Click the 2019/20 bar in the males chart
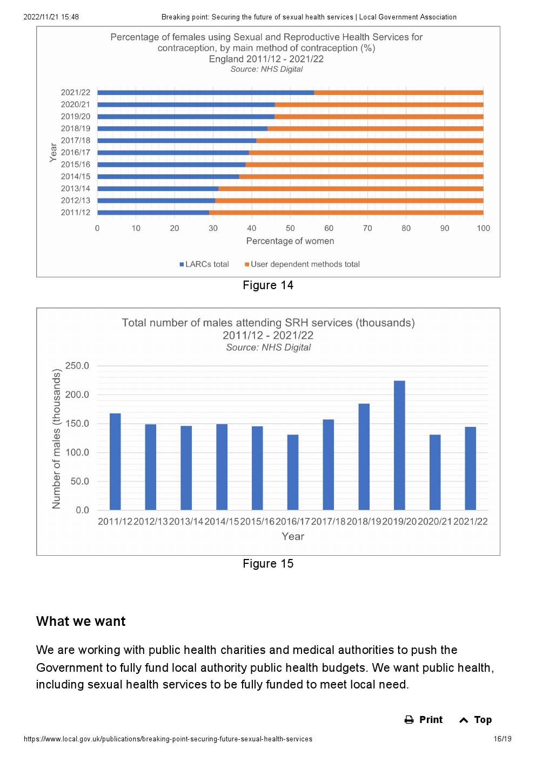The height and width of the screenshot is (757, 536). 399,445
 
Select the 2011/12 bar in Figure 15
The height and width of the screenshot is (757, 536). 115,461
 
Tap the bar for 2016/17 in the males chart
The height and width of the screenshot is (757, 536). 293,472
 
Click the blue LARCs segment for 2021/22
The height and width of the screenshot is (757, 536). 206,93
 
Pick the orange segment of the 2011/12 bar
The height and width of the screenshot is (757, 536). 346,213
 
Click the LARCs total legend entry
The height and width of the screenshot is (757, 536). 204,264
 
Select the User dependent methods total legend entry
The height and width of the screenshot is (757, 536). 302,264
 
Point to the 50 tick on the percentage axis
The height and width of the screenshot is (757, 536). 290,228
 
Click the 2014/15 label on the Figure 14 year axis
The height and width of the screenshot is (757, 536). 76,176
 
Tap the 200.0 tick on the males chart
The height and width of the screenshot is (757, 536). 77,394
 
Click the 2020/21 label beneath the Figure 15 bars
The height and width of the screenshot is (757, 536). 435,521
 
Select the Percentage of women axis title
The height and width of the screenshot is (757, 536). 290,241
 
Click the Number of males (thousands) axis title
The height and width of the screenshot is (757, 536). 56,439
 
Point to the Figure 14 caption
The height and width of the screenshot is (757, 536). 268,285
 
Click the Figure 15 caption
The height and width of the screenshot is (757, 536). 268,564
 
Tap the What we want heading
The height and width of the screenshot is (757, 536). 81,621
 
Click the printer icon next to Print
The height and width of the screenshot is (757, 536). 409,720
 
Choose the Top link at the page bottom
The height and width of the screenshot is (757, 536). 475,720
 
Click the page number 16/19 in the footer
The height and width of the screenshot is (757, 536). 502,739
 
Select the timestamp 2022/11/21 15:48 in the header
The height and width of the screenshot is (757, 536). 51,17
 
